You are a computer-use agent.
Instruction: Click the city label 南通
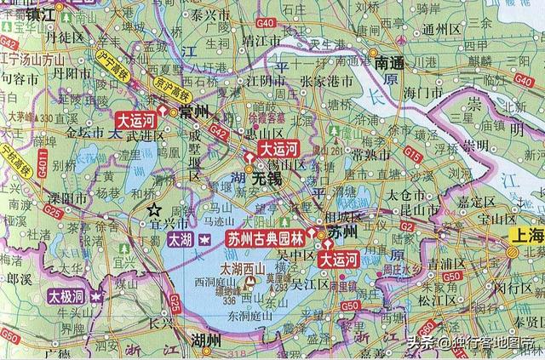(x=393, y=63)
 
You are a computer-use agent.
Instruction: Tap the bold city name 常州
(x=194, y=112)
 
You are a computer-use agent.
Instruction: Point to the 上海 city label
(x=524, y=234)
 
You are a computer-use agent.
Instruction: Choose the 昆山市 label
(x=416, y=208)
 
